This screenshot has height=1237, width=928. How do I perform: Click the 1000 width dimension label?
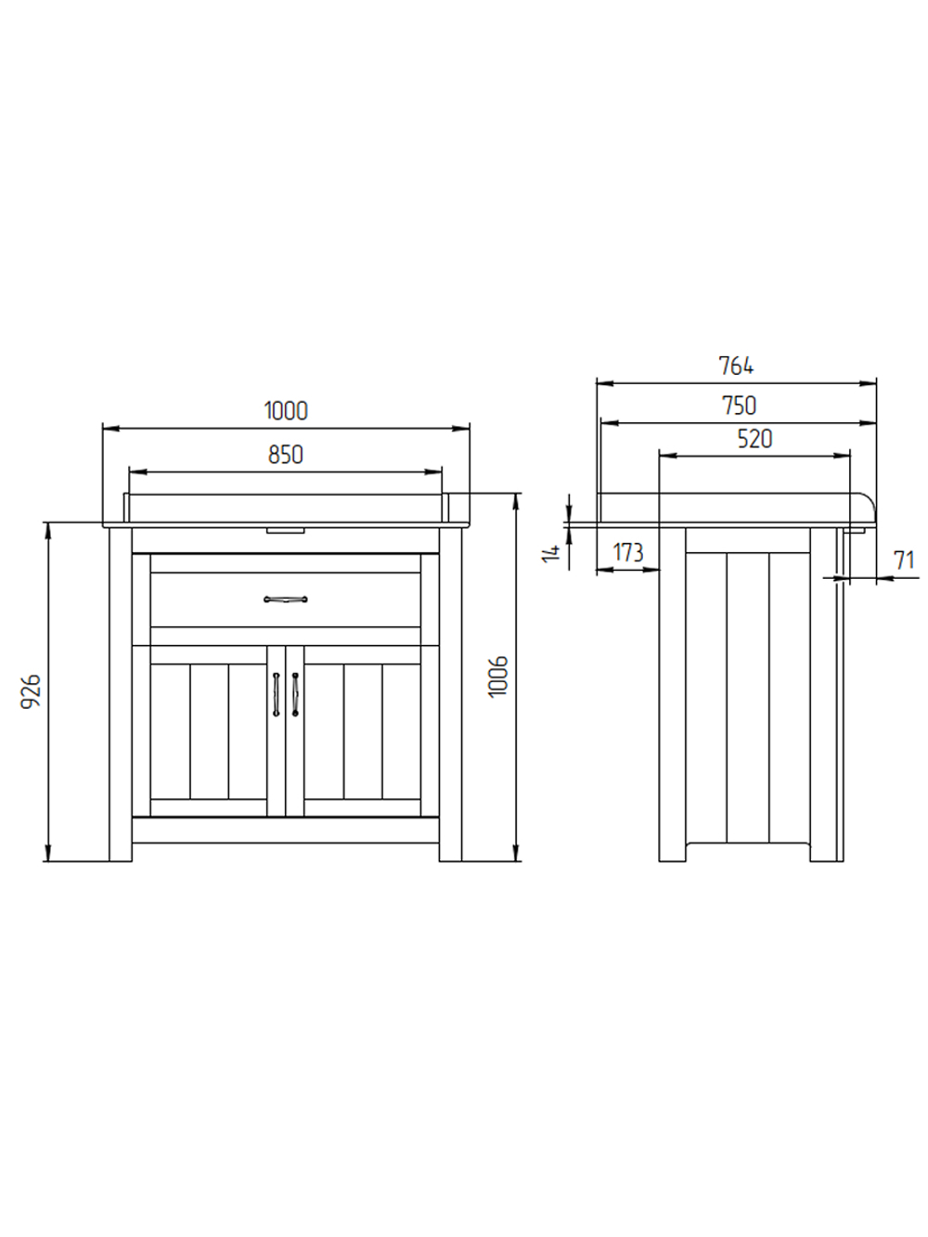[x=286, y=411]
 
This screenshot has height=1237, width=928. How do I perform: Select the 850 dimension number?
[x=286, y=455]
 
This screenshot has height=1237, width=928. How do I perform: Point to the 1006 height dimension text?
[x=498, y=676]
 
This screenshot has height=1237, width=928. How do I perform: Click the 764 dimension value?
[x=737, y=367]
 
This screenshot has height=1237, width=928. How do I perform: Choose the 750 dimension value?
[x=739, y=406]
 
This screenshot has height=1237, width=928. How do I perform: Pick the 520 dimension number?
[x=754, y=440]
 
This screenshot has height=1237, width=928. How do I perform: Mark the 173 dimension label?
[x=627, y=553]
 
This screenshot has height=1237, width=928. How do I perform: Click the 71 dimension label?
[x=905, y=561]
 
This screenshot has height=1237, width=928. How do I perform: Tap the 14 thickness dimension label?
[x=552, y=552]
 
